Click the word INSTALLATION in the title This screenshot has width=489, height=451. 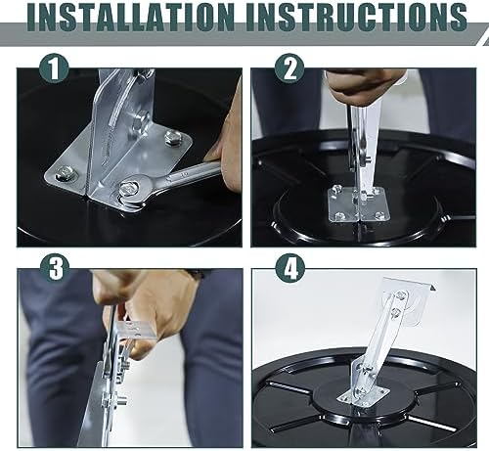coord(131,17)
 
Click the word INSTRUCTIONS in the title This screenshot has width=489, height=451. coord(357,17)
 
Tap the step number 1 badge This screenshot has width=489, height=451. coord(54,68)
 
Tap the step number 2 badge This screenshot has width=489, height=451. coord(289,68)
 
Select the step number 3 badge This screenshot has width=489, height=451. coord(55,268)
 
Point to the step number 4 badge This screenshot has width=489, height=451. coord(290,268)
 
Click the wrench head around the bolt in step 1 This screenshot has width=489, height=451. coord(132,192)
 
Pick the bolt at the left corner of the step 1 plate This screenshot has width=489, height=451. coord(65,172)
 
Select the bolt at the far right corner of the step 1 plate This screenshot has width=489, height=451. coord(173,137)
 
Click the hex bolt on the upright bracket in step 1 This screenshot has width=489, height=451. coord(141,119)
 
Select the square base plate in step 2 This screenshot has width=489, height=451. coord(359,204)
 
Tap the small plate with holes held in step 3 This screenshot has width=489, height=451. coord(137,331)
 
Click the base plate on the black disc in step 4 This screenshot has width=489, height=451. coord(365,395)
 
